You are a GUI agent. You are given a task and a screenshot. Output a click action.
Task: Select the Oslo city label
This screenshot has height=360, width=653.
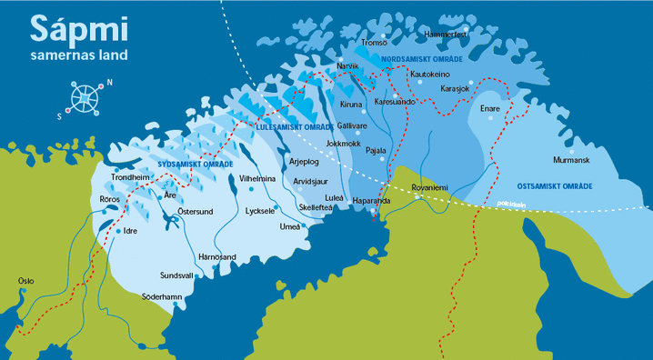(x=26, y=281)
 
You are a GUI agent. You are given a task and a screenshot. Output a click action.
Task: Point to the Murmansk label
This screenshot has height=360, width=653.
(x=571, y=160)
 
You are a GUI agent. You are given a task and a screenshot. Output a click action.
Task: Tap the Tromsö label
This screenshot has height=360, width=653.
(x=375, y=43)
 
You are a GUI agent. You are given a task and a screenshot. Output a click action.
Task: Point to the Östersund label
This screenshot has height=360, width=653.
(x=195, y=211)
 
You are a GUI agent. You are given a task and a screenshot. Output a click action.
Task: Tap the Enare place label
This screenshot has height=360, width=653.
(x=490, y=107)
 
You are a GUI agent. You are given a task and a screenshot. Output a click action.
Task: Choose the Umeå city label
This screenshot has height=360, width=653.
(x=291, y=225)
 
